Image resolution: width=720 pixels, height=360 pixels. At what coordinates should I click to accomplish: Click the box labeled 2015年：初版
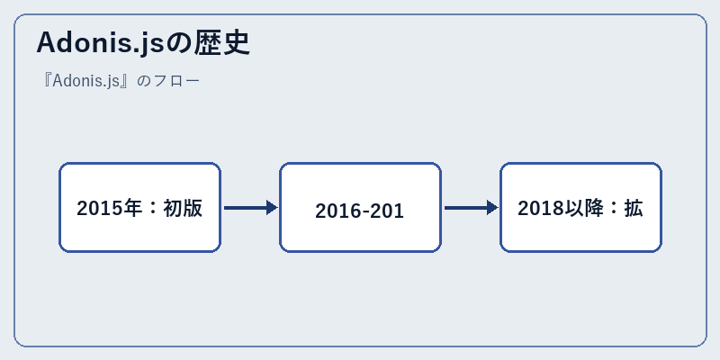point(140,207)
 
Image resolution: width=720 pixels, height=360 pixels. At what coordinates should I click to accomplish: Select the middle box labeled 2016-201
point(361,207)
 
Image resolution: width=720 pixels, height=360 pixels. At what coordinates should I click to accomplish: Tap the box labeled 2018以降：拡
point(580,207)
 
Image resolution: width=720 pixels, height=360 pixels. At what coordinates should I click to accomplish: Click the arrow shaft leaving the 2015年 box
point(245,208)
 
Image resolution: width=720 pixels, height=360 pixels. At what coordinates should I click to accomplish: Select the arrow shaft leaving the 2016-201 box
point(465,208)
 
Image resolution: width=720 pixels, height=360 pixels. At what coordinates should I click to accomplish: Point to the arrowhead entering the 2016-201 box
point(273,208)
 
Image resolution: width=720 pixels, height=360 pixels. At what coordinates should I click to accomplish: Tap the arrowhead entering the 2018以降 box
point(492,208)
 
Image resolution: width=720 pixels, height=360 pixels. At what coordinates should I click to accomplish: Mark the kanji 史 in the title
point(236,43)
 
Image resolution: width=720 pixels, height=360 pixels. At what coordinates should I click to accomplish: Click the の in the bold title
point(178,44)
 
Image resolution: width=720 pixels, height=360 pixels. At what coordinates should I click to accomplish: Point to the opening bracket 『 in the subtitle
point(47,81)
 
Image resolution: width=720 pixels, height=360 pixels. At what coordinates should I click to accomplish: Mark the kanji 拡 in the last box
point(634,208)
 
